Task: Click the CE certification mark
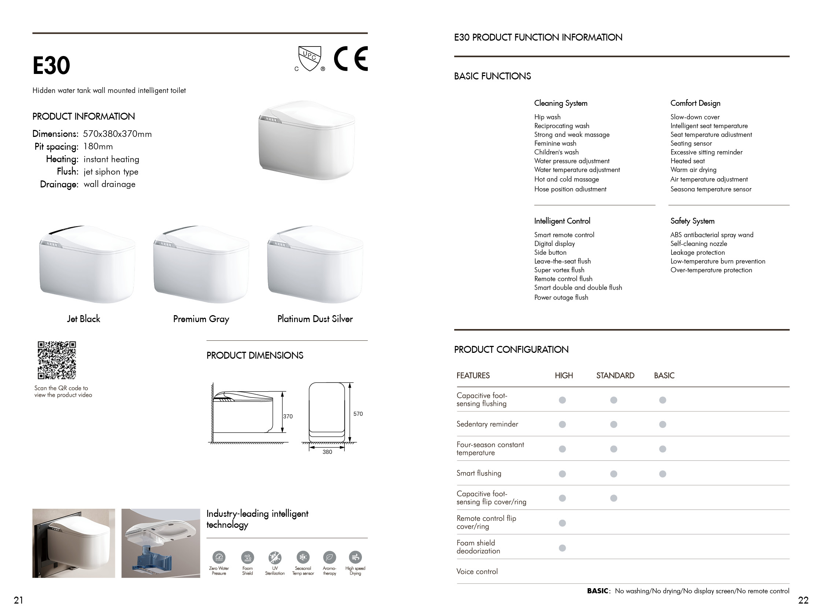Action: [x=351, y=59]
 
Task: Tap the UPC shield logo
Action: [x=310, y=58]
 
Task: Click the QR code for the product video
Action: [x=57, y=360]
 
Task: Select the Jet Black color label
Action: [x=84, y=319]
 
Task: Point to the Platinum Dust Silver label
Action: [x=315, y=319]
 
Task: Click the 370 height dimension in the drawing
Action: [x=288, y=417]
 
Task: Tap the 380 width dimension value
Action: [x=327, y=452]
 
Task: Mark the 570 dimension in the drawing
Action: [x=358, y=414]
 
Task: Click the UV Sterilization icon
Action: [x=275, y=557]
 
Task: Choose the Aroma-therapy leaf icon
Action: [x=330, y=557]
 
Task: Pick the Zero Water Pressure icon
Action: [x=219, y=557]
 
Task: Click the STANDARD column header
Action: [x=615, y=376]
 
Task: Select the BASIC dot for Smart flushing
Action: [x=663, y=474]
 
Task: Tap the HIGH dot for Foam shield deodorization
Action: [x=562, y=548]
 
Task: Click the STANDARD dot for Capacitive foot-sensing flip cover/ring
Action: [x=614, y=498]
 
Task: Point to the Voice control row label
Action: [x=477, y=571]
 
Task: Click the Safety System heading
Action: [x=692, y=221]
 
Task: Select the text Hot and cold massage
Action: [x=566, y=179]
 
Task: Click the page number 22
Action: [x=803, y=600]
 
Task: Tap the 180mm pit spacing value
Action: [x=98, y=146]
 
